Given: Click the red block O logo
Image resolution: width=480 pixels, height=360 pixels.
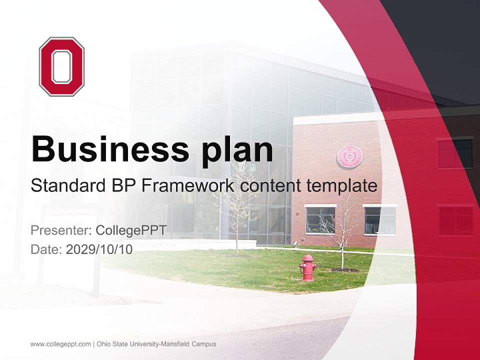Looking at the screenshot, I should click(61, 66).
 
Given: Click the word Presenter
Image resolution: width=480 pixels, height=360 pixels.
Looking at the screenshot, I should click(58, 230).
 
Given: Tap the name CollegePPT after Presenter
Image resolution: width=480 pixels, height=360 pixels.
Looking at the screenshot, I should click(131, 230).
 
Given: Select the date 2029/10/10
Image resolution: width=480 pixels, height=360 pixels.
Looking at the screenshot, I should click(99, 249).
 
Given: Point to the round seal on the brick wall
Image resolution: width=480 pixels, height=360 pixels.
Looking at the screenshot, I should click(350, 156).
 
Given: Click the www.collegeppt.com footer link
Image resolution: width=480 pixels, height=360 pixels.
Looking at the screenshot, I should click(60, 344).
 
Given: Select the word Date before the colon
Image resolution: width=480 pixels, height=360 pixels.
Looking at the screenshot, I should click(44, 249).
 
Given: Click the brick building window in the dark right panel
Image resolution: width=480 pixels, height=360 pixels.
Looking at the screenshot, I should click(455, 153).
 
